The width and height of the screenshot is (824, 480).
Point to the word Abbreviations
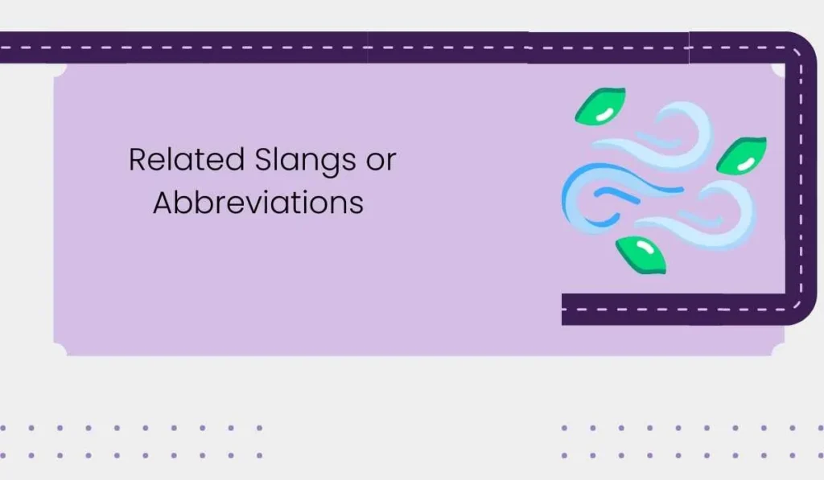click(x=257, y=203)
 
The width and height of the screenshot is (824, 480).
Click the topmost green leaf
click(x=600, y=106)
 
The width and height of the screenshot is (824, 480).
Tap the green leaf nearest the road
click(x=741, y=156)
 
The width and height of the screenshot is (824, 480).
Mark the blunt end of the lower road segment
click(x=565, y=309)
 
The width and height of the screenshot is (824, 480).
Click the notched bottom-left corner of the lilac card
click(x=59, y=350)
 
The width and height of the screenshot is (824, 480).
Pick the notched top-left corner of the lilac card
click(x=59, y=70)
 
